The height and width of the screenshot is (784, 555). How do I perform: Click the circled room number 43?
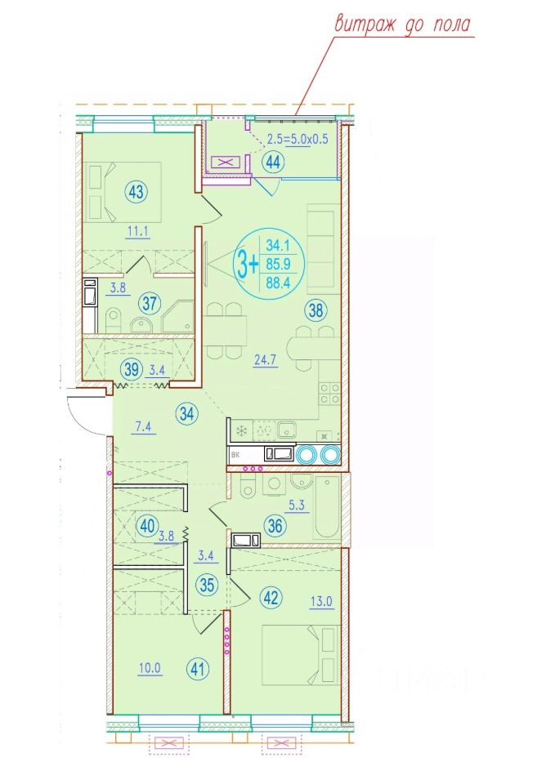point(137,191)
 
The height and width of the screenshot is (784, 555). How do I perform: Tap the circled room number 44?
point(273,162)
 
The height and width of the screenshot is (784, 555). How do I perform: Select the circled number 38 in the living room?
point(316,310)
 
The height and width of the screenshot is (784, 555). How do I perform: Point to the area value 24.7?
point(265,359)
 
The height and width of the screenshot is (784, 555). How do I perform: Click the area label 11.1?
point(137,231)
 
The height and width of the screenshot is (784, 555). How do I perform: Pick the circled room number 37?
point(149,303)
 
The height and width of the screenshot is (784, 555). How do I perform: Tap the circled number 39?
point(132,369)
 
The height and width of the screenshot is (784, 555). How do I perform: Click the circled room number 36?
point(275,525)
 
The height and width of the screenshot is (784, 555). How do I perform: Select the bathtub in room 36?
point(328,507)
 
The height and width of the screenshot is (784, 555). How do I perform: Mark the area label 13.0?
point(321,601)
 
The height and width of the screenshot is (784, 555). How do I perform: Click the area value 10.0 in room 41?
point(150,668)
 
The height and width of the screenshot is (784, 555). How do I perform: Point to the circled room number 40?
point(147,527)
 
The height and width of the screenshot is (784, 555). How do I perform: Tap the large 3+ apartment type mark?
point(248,264)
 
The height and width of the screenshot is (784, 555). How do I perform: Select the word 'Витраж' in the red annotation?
point(365,24)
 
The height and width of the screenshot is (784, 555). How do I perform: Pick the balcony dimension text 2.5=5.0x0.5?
point(298,139)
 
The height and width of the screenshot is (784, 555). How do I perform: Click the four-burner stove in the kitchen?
point(329,393)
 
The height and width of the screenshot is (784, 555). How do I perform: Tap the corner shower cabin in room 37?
point(178,316)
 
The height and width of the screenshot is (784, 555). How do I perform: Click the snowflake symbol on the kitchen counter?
point(242,430)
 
